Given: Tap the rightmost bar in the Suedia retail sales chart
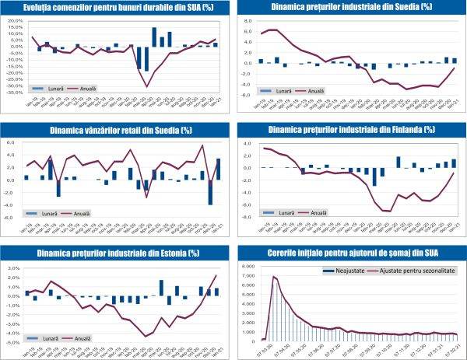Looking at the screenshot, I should tap(218, 169).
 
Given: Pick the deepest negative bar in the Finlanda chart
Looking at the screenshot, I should tap(374, 177).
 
